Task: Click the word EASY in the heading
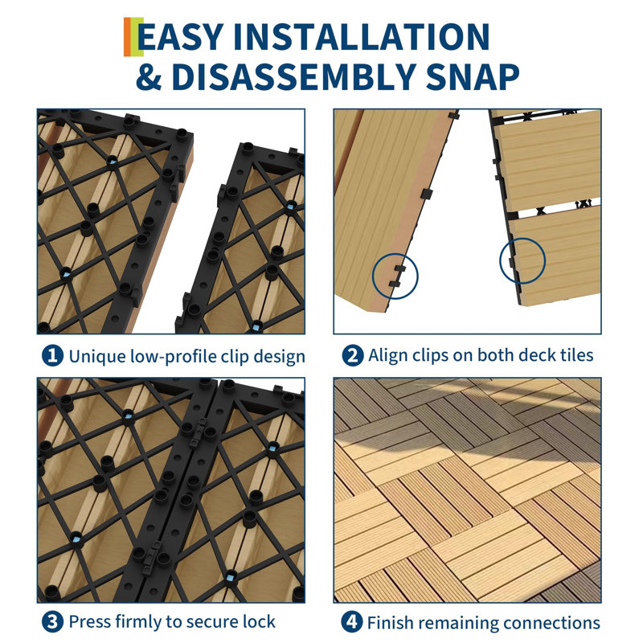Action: click(181, 37)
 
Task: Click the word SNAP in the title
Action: click(472, 76)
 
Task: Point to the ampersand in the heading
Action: click(149, 76)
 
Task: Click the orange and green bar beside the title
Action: click(133, 37)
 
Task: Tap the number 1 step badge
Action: click(52, 355)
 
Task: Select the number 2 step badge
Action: click(353, 355)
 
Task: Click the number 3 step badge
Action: click(52, 622)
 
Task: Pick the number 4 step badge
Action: click(352, 622)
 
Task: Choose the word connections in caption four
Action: click(552, 623)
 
